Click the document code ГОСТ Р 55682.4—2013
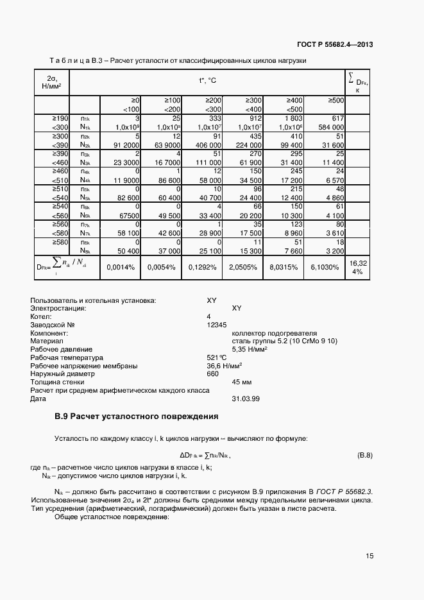[x=335, y=44]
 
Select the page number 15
[x=369, y=556]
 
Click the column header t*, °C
[x=207, y=81]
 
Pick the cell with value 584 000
[x=330, y=127]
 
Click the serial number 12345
[x=217, y=325]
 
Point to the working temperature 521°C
[x=217, y=357]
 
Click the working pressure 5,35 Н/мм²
[x=250, y=349]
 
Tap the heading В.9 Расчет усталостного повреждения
[x=136, y=417]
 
